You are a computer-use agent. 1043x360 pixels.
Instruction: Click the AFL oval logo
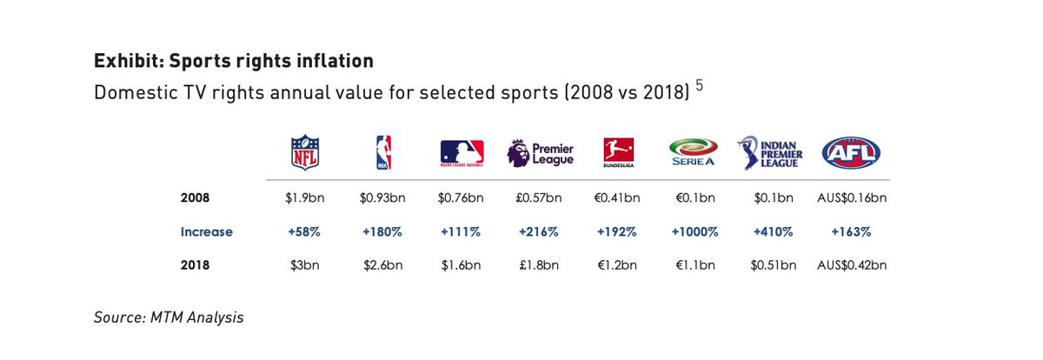851,152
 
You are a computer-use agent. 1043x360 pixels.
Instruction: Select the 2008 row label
196,198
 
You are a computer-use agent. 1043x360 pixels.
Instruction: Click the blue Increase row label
206,232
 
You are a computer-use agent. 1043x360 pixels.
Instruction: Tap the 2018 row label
196,266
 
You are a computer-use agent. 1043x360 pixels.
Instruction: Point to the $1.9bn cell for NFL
304,198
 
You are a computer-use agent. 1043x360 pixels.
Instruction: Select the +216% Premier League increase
539,232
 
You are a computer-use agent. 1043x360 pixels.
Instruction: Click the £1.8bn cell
539,266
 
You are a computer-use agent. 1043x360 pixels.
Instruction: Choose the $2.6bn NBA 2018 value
382,266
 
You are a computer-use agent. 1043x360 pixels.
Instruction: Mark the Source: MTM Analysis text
169,318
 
